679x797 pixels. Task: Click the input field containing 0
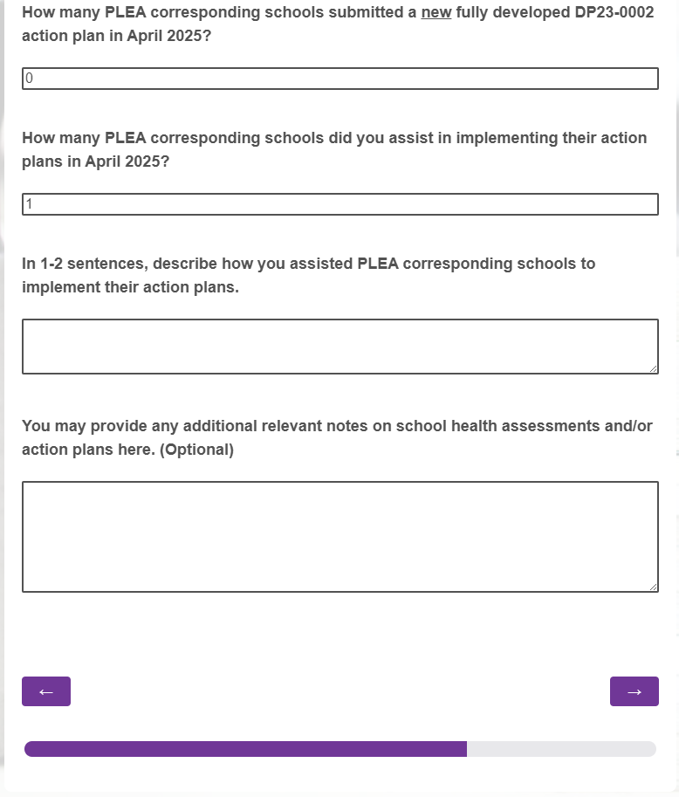(x=339, y=79)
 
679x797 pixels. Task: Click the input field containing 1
(x=339, y=204)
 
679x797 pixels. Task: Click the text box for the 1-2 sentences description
(x=339, y=347)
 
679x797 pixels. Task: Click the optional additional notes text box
(x=339, y=537)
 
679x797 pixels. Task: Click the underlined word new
(x=436, y=12)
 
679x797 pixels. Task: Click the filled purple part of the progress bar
(x=244, y=749)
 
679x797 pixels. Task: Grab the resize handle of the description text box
(x=654, y=369)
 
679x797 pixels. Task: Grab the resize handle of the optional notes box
(x=654, y=587)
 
